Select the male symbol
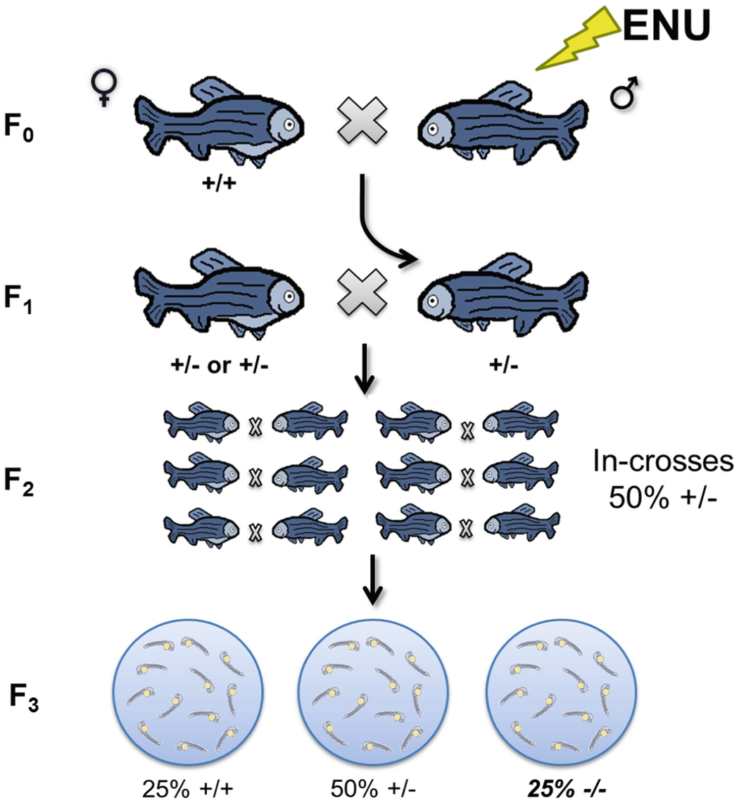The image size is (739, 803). point(622,97)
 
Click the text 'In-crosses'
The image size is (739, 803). point(659,464)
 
